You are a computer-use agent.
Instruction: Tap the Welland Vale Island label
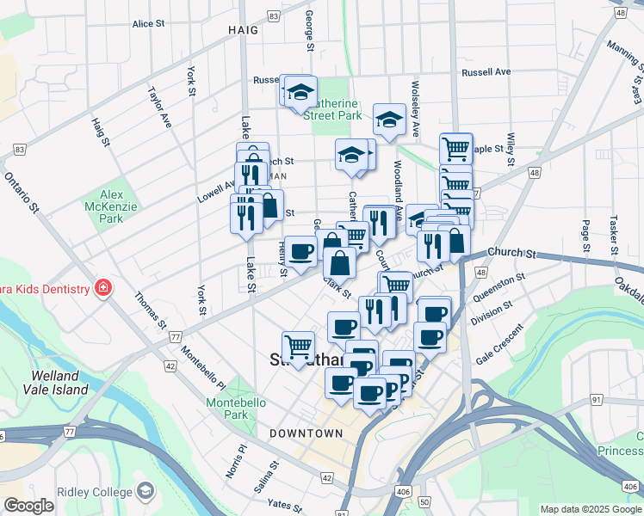click(59, 383)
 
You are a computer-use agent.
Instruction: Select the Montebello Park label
click(227, 408)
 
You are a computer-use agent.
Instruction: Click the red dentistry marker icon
click(103, 286)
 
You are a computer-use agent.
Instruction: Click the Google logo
click(28, 507)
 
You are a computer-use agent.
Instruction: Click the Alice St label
click(148, 24)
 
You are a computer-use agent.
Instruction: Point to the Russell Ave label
click(486, 72)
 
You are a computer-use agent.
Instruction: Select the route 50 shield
click(424, 500)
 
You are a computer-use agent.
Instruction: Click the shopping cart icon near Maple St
click(455, 148)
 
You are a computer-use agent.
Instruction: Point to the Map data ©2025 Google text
click(590, 508)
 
